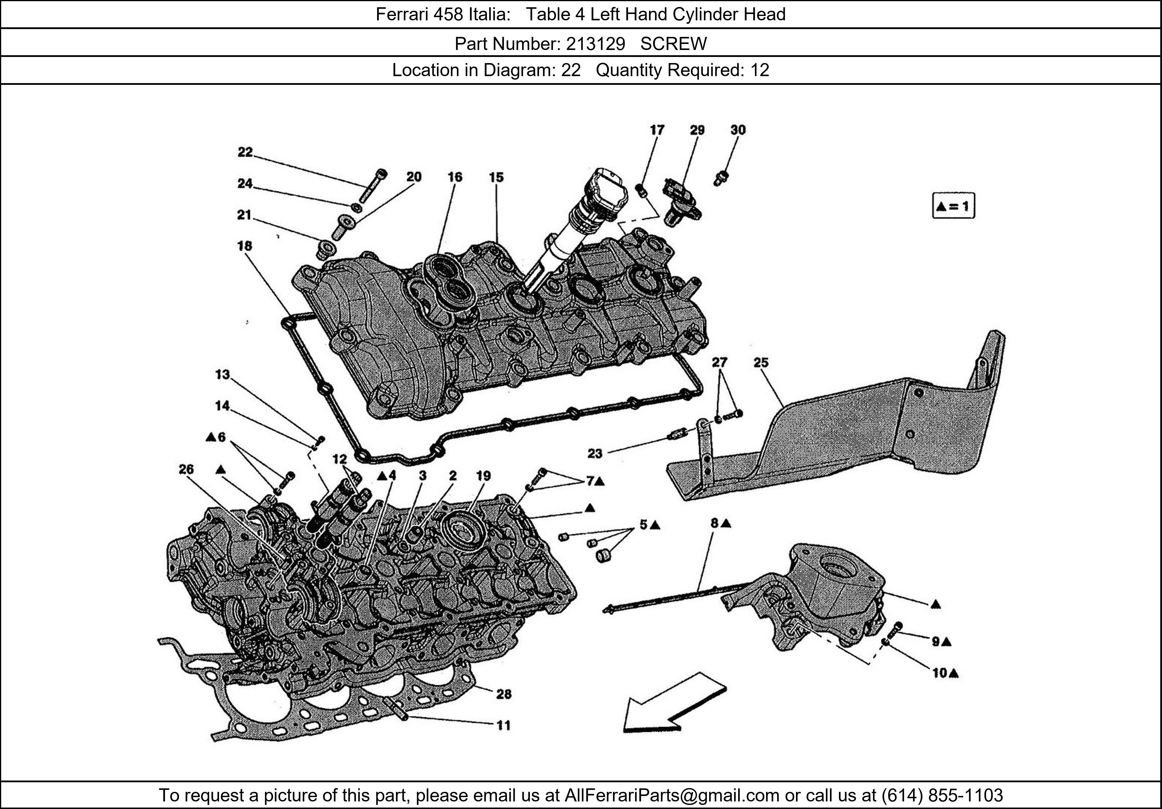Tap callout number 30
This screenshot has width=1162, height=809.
(738, 130)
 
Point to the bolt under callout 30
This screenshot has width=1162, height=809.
(721, 178)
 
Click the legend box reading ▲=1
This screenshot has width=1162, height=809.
(953, 206)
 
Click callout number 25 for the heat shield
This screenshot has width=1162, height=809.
(761, 362)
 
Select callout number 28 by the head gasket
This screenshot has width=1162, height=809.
(503, 694)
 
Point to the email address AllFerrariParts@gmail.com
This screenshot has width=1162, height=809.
(672, 795)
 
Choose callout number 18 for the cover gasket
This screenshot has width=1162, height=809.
(244, 246)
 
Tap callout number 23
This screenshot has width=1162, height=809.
(595, 453)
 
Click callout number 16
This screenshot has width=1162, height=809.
(454, 177)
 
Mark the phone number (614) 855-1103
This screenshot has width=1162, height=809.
(942, 795)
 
